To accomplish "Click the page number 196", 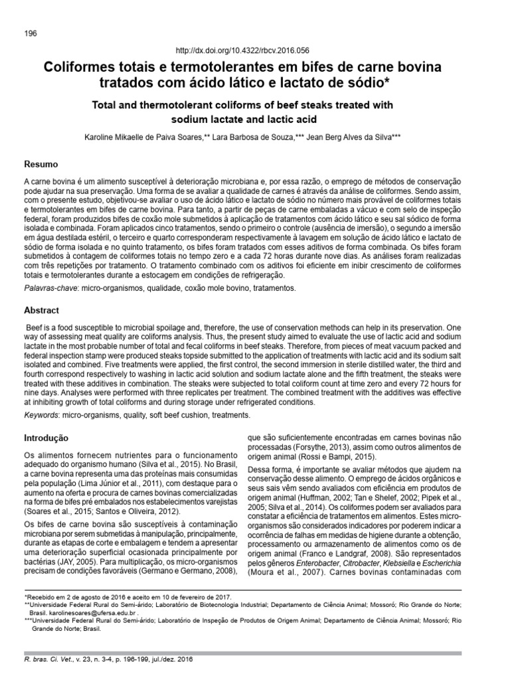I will coord(30,33).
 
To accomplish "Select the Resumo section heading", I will coord(41,164).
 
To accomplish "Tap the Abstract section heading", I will coord(42,310).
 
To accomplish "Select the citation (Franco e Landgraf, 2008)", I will coord(340,552).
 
